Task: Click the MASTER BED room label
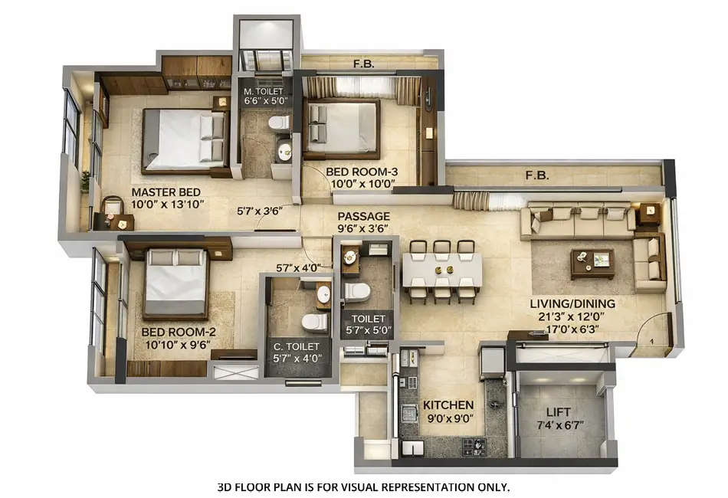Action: (166, 192)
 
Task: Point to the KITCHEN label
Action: (448, 405)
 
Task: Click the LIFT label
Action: (558, 411)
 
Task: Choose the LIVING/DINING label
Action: (572, 303)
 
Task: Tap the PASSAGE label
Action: (363, 216)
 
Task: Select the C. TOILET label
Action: (298, 346)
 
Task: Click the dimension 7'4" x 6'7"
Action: (558, 424)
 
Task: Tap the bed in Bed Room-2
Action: (175, 282)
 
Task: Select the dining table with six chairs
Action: (442, 270)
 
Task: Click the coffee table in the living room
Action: (592, 262)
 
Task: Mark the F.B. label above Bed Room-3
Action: (363, 64)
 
